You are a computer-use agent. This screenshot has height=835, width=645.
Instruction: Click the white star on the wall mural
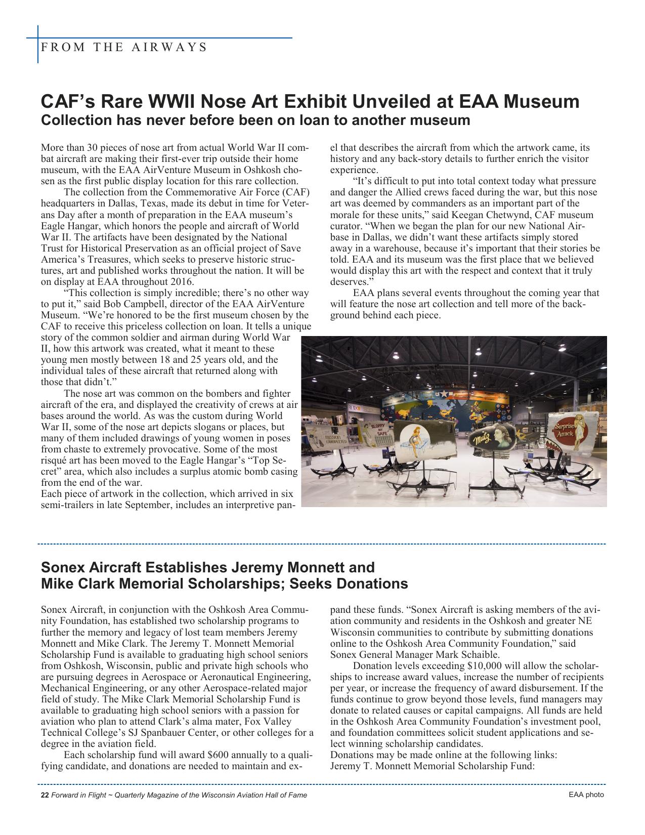click(444, 394)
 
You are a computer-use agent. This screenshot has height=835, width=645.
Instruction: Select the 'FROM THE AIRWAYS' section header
click(124, 48)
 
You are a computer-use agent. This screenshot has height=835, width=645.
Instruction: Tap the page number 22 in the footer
click(45, 795)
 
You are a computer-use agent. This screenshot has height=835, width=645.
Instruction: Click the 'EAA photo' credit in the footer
click(586, 795)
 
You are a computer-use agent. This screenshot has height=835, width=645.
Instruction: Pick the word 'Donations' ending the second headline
click(372, 584)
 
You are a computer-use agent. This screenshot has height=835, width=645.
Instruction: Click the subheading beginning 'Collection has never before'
click(255, 120)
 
